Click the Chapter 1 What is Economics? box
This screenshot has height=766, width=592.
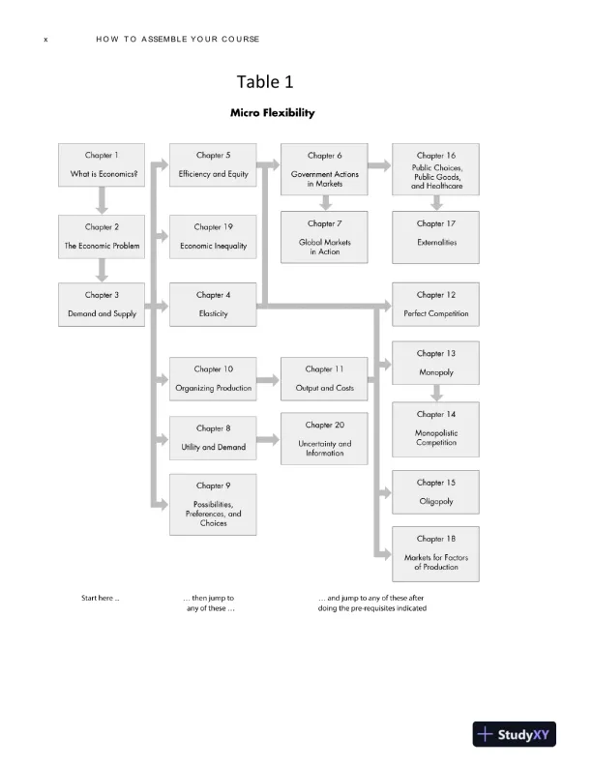(x=103, y=166)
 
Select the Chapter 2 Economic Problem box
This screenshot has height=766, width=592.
(x=103, y=237)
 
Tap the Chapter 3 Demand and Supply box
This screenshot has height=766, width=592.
(x=103, y=305)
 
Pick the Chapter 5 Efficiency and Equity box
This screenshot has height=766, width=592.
(x=213, y=166)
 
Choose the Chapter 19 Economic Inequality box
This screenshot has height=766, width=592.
(x=213, y=237)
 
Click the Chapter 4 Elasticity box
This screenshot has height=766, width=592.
(x=213, y=305)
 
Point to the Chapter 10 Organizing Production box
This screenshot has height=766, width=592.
(x=213, y=379)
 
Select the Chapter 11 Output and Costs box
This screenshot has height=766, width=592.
(x=324, y=379)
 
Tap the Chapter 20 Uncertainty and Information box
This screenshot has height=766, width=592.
(x=324, y=438)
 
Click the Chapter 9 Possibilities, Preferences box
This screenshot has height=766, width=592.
(x=213, y=504)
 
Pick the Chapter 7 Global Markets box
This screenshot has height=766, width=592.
(x=325, y=237)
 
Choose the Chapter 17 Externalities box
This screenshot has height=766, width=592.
(x=436, y=237)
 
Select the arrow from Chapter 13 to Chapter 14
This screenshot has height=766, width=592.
(x=436, y=393)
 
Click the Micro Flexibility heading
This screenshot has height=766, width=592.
(x=272, y=113)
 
